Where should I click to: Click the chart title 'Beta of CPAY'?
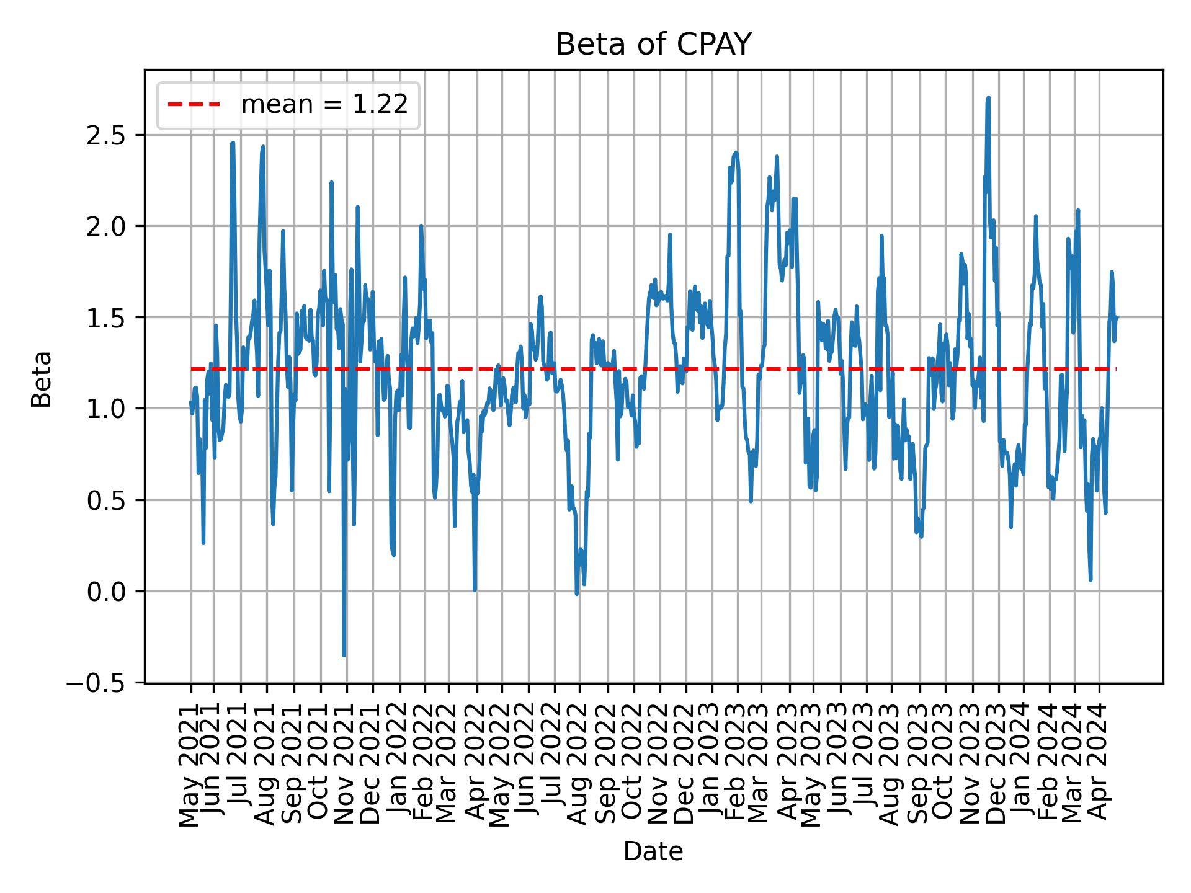tap(653, 45)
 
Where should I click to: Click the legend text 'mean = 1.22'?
tap(324, 105)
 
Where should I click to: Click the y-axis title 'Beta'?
tap(42, 379)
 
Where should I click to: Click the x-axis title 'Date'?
tap(653, 852)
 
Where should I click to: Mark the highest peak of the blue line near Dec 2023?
tap(988, 98)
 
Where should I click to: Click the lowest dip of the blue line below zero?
tap(344, 655)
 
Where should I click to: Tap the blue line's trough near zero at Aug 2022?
tap(577, 593)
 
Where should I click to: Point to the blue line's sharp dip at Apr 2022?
tap(475, 590)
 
